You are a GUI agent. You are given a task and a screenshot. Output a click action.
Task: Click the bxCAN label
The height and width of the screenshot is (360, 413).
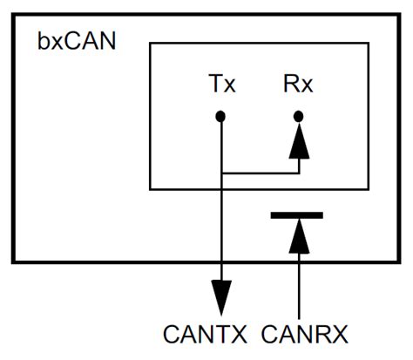76,42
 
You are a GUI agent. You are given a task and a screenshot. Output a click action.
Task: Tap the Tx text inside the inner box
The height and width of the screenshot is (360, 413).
222,86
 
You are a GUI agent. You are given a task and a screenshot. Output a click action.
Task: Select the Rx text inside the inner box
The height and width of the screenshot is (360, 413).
298,86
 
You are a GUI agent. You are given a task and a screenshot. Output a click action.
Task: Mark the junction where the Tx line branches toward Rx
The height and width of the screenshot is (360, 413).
222,173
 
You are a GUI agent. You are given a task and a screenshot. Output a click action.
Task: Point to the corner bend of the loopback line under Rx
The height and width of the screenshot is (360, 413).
298,173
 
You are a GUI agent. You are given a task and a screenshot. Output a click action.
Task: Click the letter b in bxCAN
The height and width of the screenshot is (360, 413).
44,42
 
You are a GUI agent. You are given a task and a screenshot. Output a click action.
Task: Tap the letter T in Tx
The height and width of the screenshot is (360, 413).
215,86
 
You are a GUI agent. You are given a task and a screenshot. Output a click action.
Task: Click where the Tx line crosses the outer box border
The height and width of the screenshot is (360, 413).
222,261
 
